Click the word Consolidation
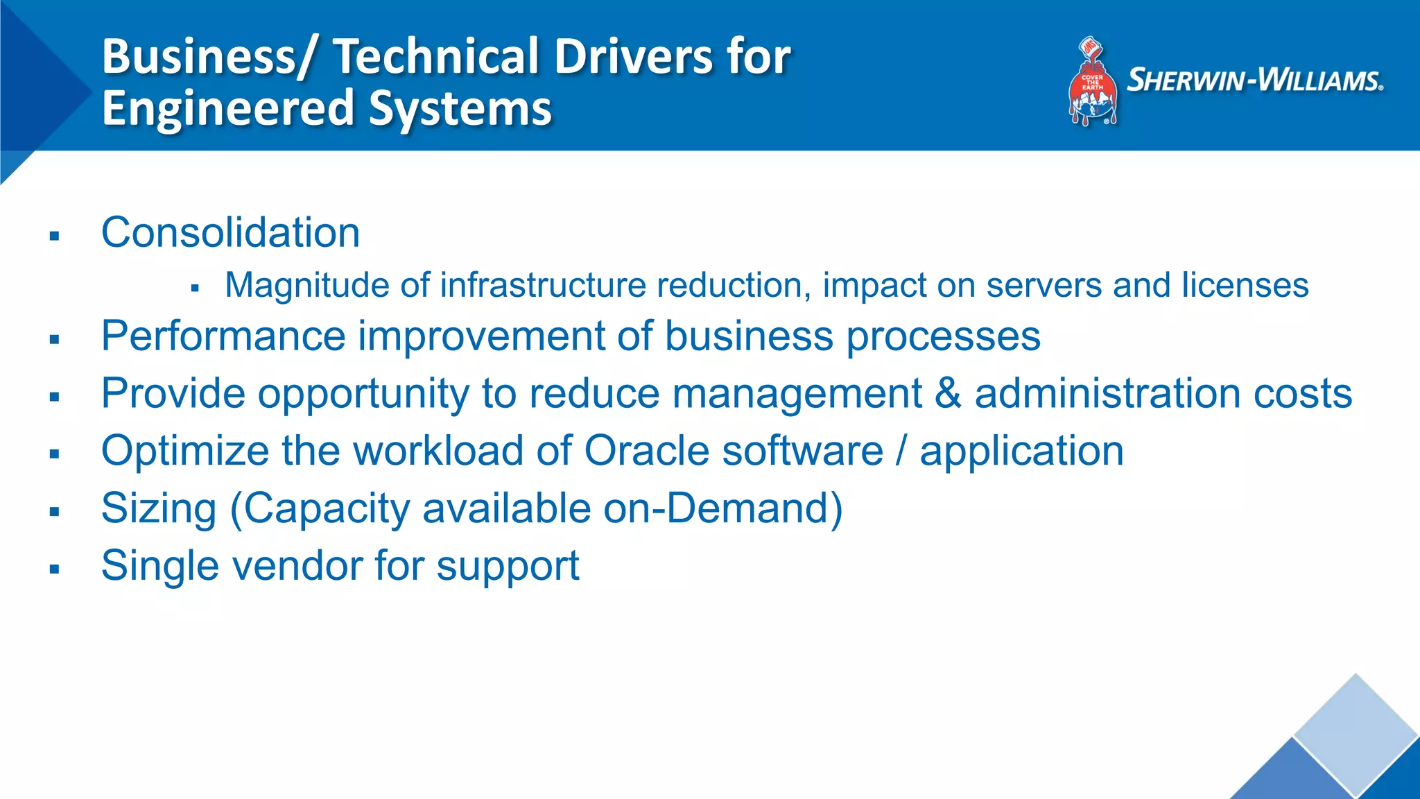click(x=230, y=232)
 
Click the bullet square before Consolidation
click(x=55, y=237)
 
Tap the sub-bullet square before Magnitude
click(x=195, y=288)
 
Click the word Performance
click(x=223, y=336)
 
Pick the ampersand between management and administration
click(x=948, y=393)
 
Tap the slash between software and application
click(x=901, y=451)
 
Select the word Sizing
click(x=159, y=508)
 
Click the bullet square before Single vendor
click(x=55, y=569)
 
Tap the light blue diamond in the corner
click(x=1356, y=732)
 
